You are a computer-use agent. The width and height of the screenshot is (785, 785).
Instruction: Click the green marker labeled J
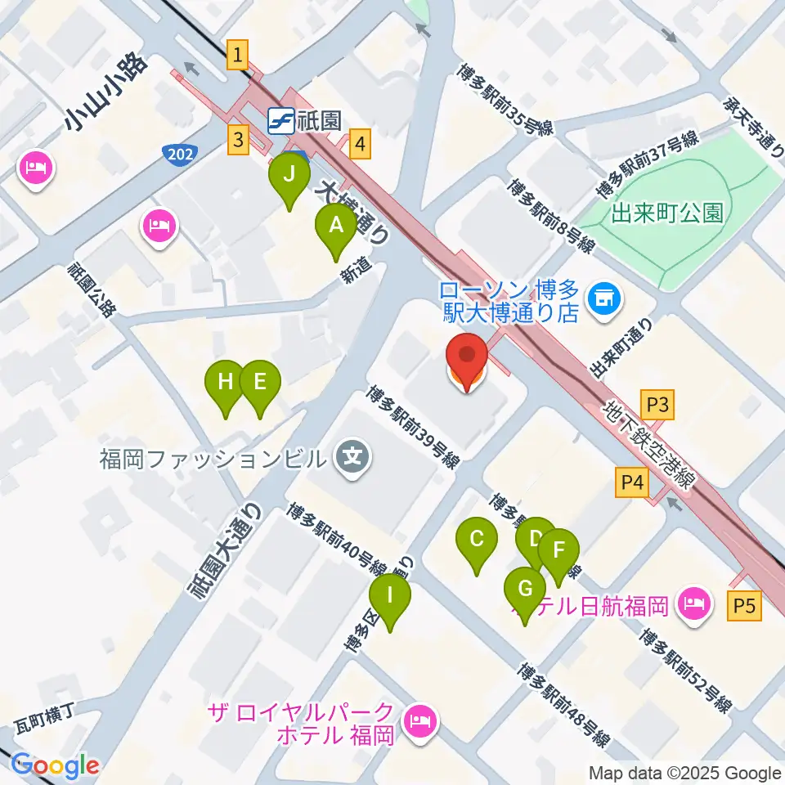289,174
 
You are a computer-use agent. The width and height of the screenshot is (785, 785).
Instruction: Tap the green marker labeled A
336,224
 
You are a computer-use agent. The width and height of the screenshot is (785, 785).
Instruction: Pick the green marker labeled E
260,382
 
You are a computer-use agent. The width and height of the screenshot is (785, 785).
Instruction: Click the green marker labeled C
478,540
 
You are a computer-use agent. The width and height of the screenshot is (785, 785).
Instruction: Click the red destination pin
467,357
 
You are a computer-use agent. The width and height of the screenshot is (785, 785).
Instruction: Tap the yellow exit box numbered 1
237,55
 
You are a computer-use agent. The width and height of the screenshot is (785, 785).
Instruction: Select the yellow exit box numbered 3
238,139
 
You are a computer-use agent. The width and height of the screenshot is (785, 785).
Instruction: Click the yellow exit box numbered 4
361,145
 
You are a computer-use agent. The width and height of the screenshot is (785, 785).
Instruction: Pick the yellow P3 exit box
658,405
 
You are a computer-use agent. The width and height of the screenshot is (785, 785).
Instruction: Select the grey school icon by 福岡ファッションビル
353,452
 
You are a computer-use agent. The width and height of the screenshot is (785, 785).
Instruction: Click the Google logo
55,766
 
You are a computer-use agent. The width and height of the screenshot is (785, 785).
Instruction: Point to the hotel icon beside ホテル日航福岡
697,605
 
